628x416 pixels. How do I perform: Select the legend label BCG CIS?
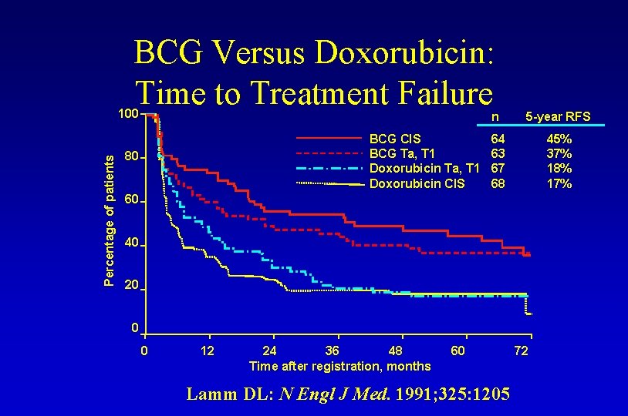396,139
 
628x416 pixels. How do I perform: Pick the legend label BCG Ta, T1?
403,154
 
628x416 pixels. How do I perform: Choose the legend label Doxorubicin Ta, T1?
426,169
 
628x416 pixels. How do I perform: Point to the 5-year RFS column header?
558,117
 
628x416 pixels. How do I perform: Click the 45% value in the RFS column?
559,139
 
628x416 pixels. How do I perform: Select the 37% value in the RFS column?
559,154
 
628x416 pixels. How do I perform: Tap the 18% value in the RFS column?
559,169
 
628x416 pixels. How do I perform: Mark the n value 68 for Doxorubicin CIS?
498,183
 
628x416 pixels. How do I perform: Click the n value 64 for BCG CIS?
498,139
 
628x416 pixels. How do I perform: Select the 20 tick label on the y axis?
131,286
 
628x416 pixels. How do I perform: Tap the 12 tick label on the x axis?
208,351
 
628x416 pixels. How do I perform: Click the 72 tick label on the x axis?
522,351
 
